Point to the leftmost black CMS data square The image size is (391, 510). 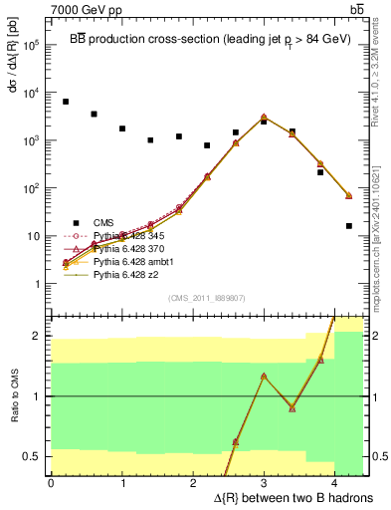pos(66,102)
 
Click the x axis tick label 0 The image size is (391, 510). pos(51,483)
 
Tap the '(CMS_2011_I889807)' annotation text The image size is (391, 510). pos(207,297)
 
